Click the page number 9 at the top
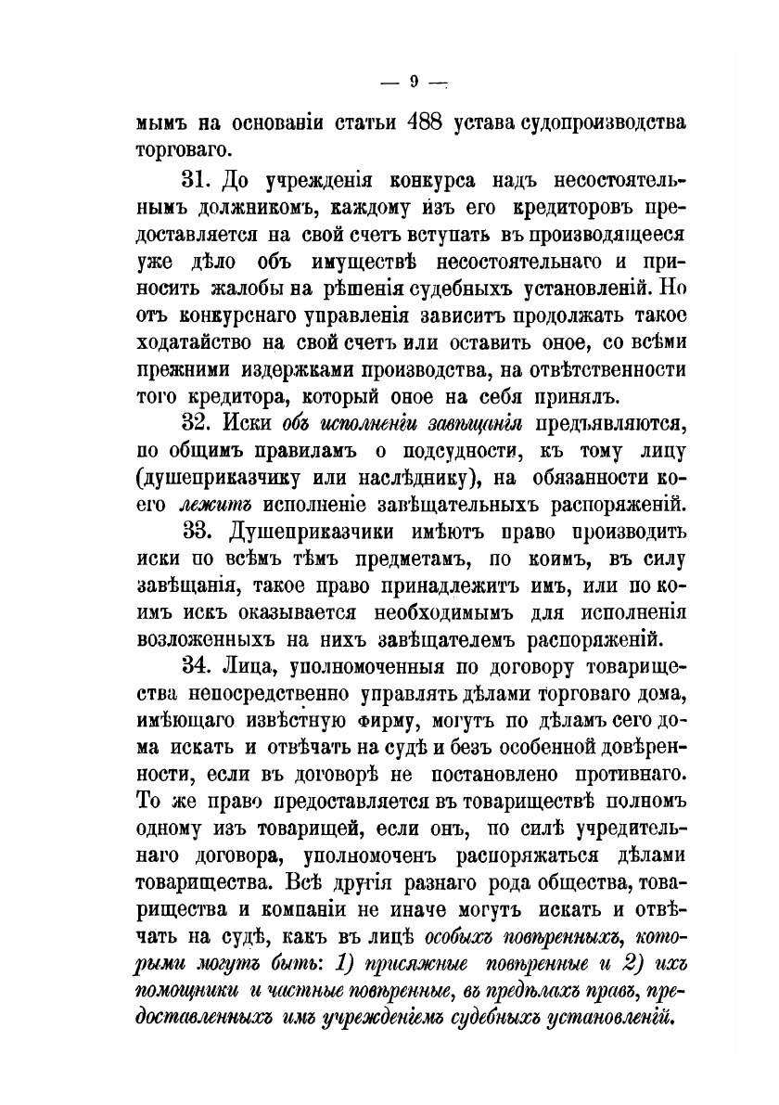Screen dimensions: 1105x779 coord(414,82)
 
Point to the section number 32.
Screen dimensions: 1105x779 coord(199,425)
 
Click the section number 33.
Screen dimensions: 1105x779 coord(199,534)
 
